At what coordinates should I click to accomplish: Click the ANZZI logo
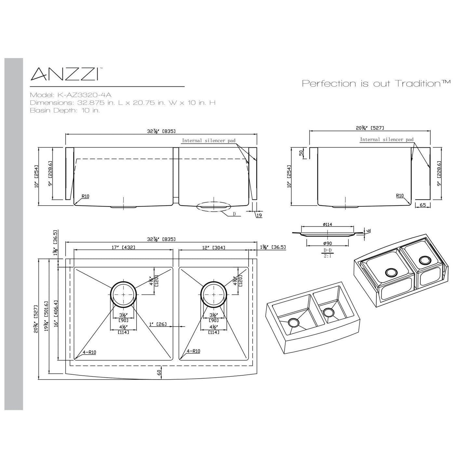[65, 74]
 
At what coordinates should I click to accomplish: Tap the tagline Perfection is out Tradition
[376, 83]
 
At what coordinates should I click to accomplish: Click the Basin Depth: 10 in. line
[65, 110]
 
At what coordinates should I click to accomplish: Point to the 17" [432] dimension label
[123, 248]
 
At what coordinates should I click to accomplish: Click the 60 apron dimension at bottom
[159, 373]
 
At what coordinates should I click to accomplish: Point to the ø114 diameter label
[327, 224]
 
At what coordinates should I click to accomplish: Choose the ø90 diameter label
[327, 244]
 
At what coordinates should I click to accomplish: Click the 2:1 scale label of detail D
[327, 256]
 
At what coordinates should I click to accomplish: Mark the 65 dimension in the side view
[423, 205]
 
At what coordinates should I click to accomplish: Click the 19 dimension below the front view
[259, 215]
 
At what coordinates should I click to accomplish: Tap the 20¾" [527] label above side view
[370, 128]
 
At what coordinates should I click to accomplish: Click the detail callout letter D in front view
[234, 214]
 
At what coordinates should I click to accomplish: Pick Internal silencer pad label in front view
[208, 141]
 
